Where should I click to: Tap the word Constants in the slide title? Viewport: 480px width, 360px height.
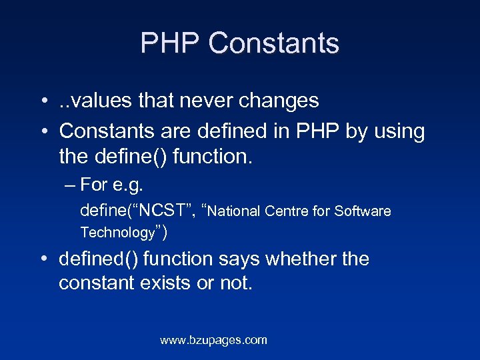click(273, 44)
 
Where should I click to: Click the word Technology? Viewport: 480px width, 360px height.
click(117, 233)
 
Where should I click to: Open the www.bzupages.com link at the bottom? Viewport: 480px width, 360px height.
click(213, 341)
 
